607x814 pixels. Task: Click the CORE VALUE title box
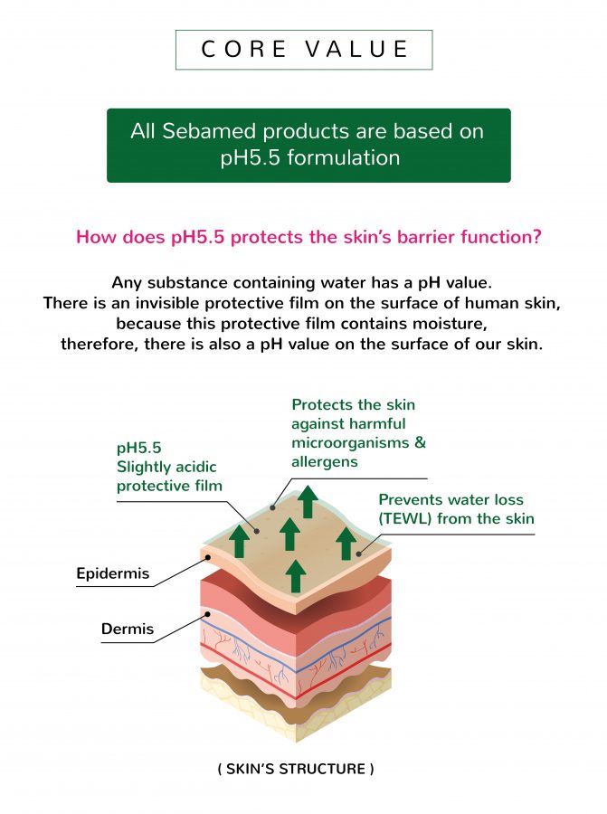click(303, 50)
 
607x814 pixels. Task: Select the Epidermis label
click(113, 573)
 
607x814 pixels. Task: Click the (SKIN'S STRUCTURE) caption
click(295, 770)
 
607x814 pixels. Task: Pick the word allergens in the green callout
click(325, 461)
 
